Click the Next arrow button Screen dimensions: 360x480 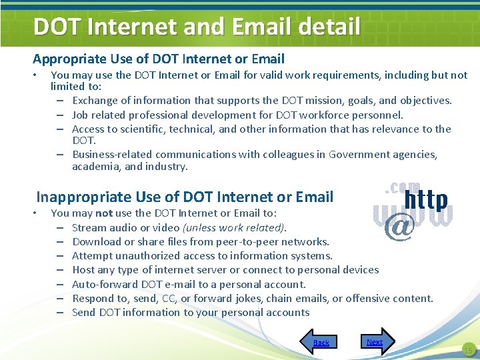(377, 341)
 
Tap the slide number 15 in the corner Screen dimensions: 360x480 (468, 350)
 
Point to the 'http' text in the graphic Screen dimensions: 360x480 (427, 200)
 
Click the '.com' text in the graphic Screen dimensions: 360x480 (403, 188)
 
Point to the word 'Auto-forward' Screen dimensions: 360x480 (103, 284)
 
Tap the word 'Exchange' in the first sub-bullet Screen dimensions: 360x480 (95, 101)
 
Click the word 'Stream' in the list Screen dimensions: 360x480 (89, 227)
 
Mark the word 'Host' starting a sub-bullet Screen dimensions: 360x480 (84, 270)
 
